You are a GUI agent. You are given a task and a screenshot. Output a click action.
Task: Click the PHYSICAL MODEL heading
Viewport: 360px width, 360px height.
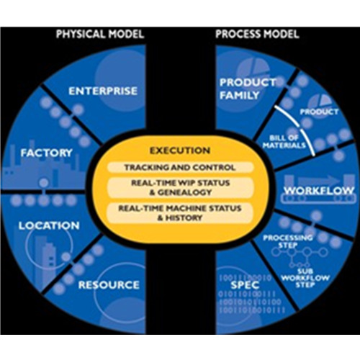(x=100, y=34)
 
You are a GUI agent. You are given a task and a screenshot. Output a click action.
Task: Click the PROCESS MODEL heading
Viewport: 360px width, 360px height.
(x=257, y=34)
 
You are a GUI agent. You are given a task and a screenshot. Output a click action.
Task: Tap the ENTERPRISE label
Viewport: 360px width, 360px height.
(x=103, y=91)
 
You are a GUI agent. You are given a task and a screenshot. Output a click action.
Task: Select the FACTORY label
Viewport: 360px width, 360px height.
(x=46, y=153)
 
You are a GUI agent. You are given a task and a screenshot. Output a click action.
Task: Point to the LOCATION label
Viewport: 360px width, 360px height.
(x=49, y=225)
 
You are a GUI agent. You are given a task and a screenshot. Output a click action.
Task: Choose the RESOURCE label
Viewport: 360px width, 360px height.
(x=109, y=285)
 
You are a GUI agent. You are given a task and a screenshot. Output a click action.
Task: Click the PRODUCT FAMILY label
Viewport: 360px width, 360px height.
(x=248, y=89)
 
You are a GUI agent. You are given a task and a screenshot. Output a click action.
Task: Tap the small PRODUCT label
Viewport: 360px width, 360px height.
(x=319, y=112)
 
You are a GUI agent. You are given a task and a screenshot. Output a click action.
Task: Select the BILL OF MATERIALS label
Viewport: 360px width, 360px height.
(x=284, y=142)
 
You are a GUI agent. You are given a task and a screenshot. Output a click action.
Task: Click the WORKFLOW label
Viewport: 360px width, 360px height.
(x=319, y=191)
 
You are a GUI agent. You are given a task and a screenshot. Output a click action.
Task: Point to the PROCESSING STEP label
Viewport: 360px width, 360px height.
(x=288, y=241)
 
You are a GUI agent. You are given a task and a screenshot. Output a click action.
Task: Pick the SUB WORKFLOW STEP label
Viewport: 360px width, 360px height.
(x=305, y=278)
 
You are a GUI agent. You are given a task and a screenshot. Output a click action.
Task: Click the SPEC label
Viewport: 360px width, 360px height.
(x=245, y=285)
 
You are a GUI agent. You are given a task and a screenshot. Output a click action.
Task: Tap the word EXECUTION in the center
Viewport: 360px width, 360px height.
(x=180, y=150)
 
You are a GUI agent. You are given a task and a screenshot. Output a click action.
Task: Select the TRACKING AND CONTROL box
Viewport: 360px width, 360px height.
(x=180, y=167)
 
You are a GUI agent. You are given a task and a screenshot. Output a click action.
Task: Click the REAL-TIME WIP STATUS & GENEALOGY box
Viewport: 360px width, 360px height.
(x=180, y=187)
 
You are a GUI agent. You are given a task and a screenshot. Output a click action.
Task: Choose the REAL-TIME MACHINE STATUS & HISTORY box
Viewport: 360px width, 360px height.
(x=180, y=213)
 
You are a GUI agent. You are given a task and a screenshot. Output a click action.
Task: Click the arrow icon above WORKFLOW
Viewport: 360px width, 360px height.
(x=317, y=179)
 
